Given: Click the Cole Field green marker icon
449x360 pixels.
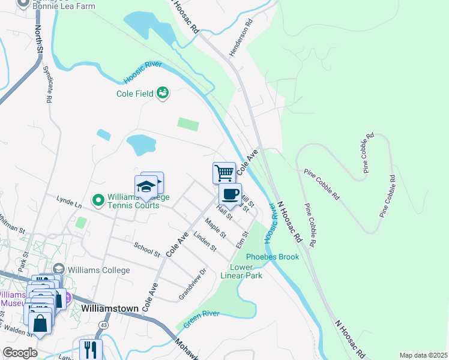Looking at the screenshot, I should (x=162, y=92).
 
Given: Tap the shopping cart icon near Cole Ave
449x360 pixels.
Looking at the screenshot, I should (x=224, y=173).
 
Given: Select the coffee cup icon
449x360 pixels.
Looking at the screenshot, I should (x=231, y=194).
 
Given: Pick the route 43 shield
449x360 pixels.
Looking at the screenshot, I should (x=103, y=325).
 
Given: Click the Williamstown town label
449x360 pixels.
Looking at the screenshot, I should (x=110, y=308).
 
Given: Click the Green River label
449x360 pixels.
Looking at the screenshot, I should (x=201, y=319).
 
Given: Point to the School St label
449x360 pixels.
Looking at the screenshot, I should (x=147, y=250).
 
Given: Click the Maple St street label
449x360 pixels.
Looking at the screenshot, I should (x=214, y=227).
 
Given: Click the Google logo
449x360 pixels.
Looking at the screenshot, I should (x=20, y=353).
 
